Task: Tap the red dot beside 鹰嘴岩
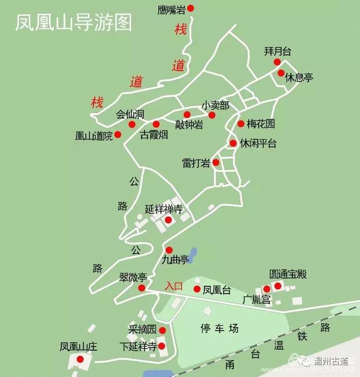click(191, 8)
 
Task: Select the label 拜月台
click(277, 51)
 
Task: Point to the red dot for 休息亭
click(281, 73)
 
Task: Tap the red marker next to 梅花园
click(241, 124)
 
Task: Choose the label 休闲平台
click(258, 143)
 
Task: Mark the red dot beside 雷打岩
click(216, 163)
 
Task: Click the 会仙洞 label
click(130, 115)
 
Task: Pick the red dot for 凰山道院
click(118, 135)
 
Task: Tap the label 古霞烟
click(154, 135)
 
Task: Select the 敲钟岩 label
click(189, 125)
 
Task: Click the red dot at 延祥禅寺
click(168, 220)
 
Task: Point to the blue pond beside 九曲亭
click(192, 255)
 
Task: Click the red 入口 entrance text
click(174, 286)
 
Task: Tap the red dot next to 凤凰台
click(197, 289)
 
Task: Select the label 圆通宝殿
click(288, 274)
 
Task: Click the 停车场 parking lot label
click(219, 329)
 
